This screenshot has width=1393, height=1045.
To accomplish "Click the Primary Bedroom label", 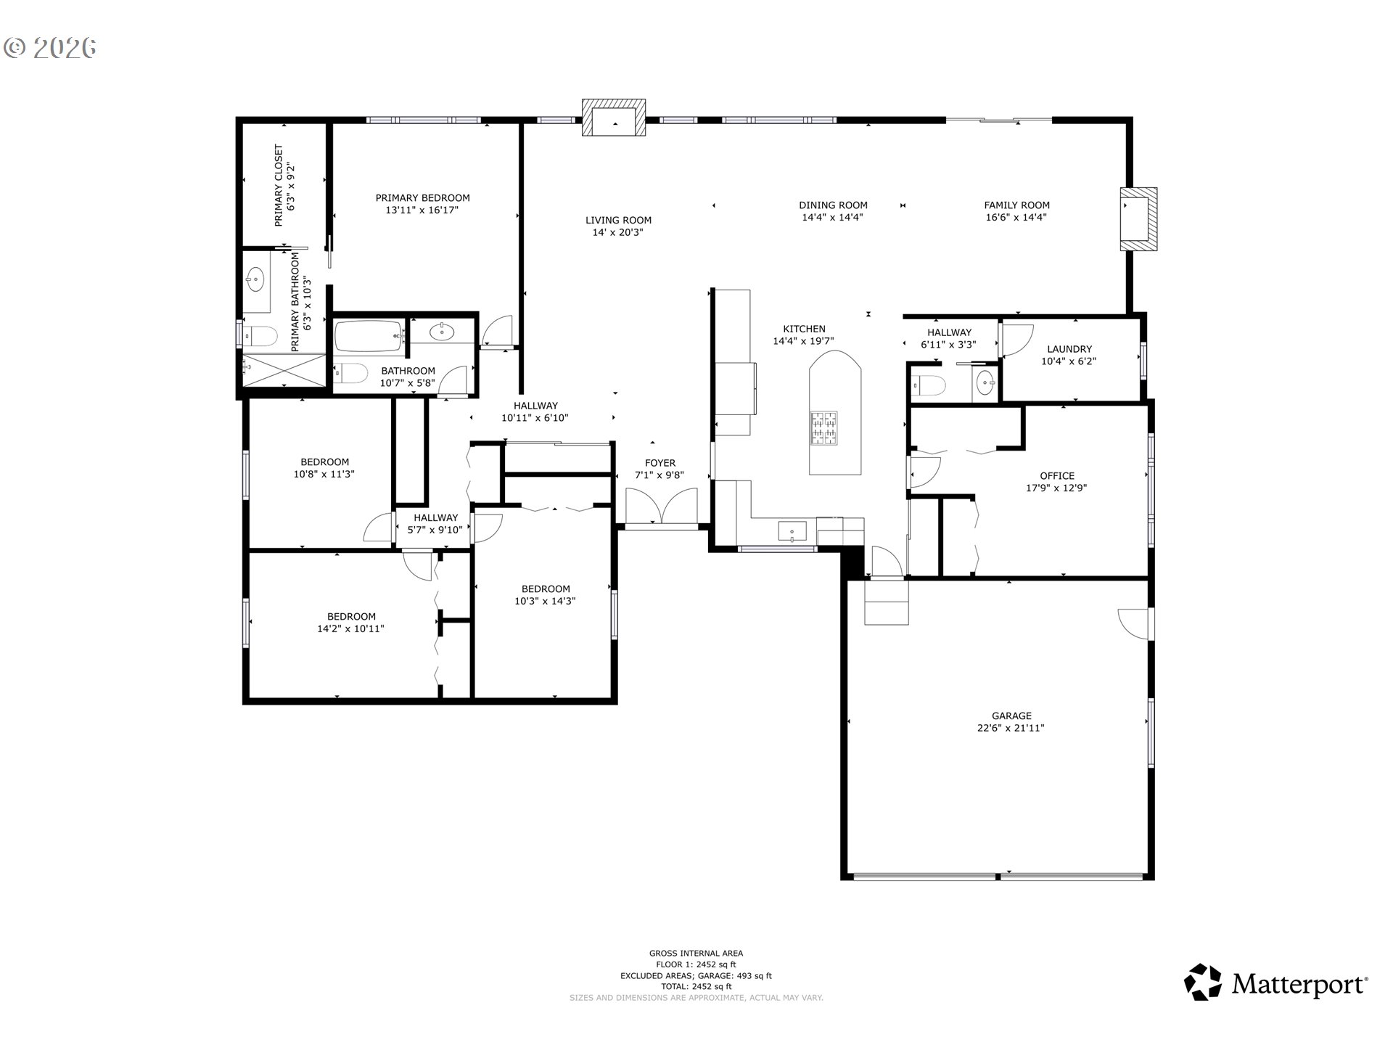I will click(x=422, y=198).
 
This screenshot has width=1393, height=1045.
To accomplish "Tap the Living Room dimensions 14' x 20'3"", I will click(x=618, y=233).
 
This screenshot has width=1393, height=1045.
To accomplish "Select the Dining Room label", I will click(x=833, y=205).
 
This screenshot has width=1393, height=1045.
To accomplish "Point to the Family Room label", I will click(x=1016, y=205).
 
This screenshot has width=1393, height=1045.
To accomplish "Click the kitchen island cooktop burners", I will click(x=823, y=427).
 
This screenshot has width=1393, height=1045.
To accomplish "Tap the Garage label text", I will click(x=1011, y=716).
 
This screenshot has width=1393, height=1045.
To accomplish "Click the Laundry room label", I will click(x=1069, y=349).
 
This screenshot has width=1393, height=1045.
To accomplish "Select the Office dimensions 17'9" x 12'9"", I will click(x=1056, y=488).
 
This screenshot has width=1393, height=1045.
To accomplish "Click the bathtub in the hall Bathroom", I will click(x=369, y=337).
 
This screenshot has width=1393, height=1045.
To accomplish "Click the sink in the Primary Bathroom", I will click(x=255, y=278).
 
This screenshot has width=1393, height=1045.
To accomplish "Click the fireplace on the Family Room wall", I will click(x=1138, y=219).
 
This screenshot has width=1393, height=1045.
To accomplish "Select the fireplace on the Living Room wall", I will click(x=614, y=119).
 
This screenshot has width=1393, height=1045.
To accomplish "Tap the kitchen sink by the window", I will click(x=792, y=530).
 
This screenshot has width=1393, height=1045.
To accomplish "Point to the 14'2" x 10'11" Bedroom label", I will click(x=350, y=617).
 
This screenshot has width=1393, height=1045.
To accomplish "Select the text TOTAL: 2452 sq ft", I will click(x=696, y=986).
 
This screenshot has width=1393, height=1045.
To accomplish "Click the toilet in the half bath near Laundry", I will click(x=929, y=385).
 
